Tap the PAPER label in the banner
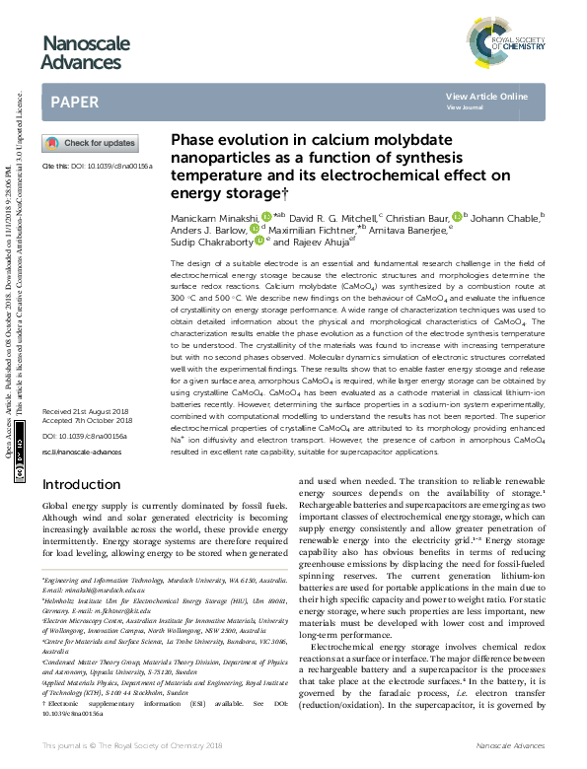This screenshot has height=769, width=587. pos(74,102)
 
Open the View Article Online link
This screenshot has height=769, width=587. pos(486,96)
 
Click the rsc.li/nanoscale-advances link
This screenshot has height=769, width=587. pos(85,450)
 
